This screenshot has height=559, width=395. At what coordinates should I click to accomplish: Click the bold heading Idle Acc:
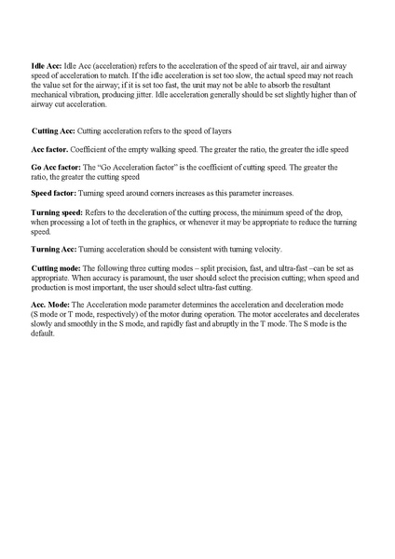click(x=47, y=67)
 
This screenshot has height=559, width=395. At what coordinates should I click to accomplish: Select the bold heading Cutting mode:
click(x=57, y=267)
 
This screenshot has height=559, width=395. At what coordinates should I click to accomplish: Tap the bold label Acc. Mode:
click(x=50, y=304)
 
